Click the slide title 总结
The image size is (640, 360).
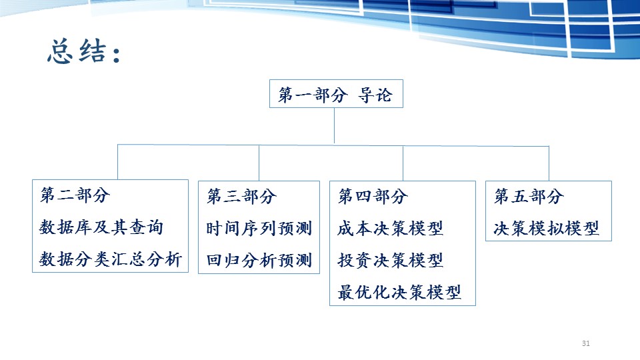(84, 51)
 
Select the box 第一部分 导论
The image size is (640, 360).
(336, 93)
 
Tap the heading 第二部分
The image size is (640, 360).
(75, 195)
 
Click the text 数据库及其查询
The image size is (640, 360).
(101, 227)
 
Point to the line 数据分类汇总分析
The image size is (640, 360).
(110, 259)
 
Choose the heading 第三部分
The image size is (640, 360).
(241, 196)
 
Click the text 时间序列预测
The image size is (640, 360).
(259, 228)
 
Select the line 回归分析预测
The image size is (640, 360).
(259, 261)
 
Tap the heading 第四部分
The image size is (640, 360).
(373, 196)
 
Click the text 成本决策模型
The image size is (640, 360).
(390, 228)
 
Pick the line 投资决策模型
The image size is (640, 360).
(390, 260)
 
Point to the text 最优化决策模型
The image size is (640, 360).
(399, 292)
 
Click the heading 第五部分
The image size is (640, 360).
(529, 196)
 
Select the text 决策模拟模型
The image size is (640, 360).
(546, 228)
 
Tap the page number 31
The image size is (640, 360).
(586, 343)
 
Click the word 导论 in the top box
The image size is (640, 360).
(375, 95)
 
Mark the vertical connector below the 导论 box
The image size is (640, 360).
(334, 126)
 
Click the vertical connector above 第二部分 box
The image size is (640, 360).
(117, 162)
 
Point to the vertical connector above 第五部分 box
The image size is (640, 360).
(549, 163)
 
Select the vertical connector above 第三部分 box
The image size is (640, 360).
(259, 163)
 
